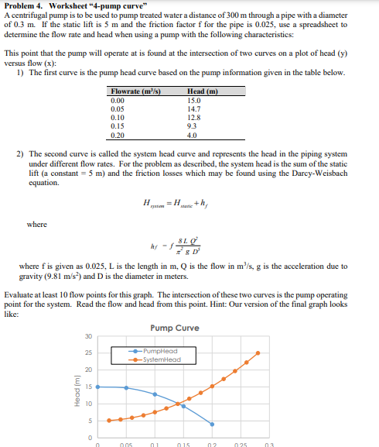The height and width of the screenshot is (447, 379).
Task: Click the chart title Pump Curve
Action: point(176,328)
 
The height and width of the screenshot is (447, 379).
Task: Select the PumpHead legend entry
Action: point(161,351)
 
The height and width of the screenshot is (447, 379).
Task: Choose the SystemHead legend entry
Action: point(161,358)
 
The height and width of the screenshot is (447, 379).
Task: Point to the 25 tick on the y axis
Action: point(87,353)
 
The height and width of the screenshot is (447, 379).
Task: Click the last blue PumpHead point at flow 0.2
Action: point(212,424)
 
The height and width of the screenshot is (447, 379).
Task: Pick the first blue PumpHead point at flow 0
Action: point(97,387)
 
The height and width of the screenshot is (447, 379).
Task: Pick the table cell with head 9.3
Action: point(193,122)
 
